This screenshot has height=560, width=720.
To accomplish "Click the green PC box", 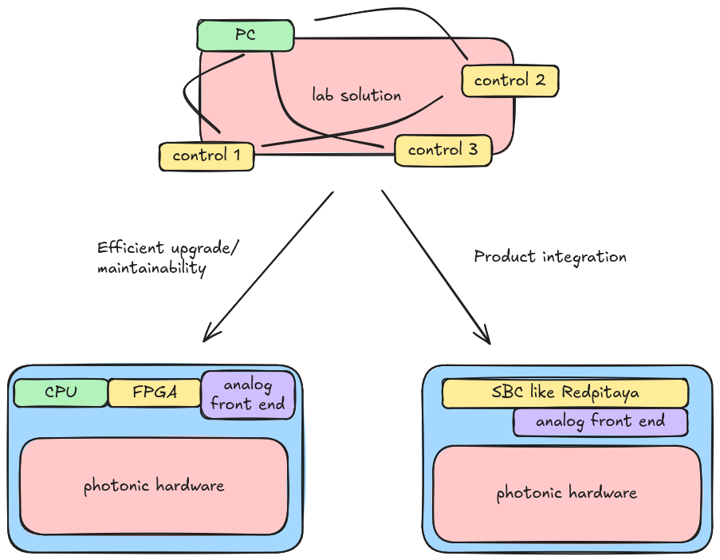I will point(245,36).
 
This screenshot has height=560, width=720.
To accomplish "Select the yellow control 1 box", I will point(207,156).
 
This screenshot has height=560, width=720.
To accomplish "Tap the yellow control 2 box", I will point(510,81).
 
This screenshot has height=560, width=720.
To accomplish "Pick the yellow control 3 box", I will point(443,150).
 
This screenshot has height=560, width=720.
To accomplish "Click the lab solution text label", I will point(356,96).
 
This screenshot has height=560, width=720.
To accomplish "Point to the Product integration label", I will point(550,257).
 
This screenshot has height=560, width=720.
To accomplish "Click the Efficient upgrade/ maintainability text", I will point(167,258).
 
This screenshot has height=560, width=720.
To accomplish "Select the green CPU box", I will point(61,392).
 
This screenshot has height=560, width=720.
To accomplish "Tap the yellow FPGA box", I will point(154,392).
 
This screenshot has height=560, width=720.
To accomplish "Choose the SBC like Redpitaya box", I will point(565,392).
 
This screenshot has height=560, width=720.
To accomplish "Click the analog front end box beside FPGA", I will point(248,395).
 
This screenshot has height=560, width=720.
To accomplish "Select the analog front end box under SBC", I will point(600,421).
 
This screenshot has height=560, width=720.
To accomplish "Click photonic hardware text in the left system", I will point(154,485).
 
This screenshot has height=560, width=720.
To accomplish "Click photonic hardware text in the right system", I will point(566,493).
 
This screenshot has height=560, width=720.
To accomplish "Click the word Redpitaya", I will point(600,392).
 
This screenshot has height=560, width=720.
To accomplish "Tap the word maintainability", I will point(151,269).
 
